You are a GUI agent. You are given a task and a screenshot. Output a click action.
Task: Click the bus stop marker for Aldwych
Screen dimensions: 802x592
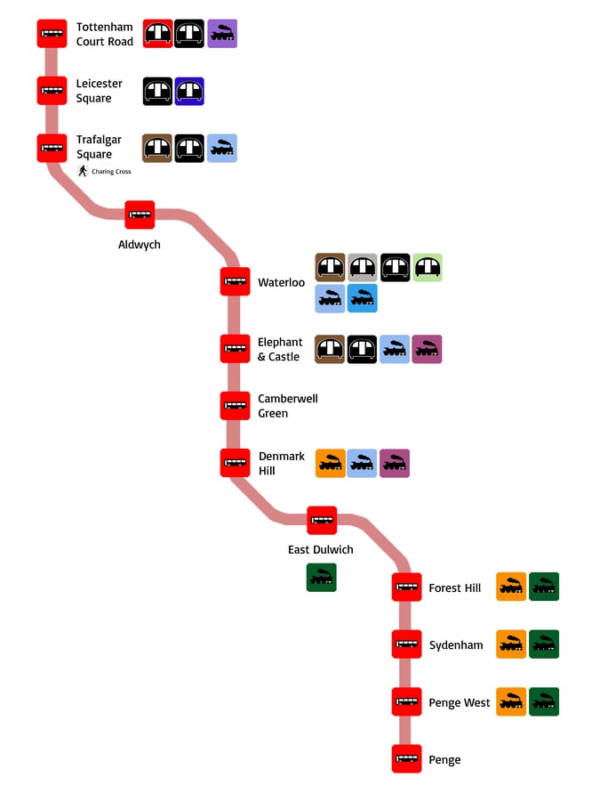pos(140,215)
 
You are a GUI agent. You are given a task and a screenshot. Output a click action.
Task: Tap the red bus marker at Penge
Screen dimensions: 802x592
pos(406,759)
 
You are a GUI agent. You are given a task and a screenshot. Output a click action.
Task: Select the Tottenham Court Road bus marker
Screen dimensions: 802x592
pos(52,34)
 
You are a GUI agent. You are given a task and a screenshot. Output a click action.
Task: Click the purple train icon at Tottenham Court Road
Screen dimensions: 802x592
pos(222,34)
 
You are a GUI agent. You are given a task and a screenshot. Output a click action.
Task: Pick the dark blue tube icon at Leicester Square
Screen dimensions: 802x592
pos(189,91)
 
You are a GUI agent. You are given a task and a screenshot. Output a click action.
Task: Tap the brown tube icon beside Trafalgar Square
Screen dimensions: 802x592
pos(157,148)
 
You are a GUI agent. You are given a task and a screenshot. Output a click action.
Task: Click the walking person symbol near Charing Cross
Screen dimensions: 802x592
pos(83,171)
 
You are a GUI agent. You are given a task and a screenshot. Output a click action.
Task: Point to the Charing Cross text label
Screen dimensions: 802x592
pos(111,172)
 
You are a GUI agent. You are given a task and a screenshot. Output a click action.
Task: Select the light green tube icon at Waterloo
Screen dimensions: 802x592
pos(428,267)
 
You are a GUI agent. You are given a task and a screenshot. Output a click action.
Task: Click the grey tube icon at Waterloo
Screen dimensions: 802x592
pos(363,267)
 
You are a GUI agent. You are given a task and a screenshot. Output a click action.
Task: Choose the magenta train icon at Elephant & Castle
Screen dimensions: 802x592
pos(427,350)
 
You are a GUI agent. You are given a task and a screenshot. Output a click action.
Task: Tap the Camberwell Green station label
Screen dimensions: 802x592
pos(287,406)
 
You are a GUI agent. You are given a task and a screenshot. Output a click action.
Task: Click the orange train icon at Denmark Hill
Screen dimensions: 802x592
pos(330,463)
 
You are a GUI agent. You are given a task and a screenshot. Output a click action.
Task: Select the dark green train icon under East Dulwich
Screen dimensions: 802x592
pos(322,578)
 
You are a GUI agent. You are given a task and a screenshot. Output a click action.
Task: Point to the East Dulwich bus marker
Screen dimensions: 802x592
pos(322,520)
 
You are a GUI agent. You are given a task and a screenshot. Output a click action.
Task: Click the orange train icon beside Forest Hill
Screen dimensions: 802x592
pos(511,587)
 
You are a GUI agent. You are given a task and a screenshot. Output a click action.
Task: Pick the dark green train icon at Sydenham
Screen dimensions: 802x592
pos(544,644)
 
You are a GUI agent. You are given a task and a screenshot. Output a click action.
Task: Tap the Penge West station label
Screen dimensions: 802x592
pos(459,703)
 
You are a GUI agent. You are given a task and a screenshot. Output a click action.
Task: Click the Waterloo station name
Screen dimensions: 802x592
pos(281,283)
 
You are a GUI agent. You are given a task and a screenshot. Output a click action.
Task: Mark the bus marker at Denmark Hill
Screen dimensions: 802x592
pos(236,463)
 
